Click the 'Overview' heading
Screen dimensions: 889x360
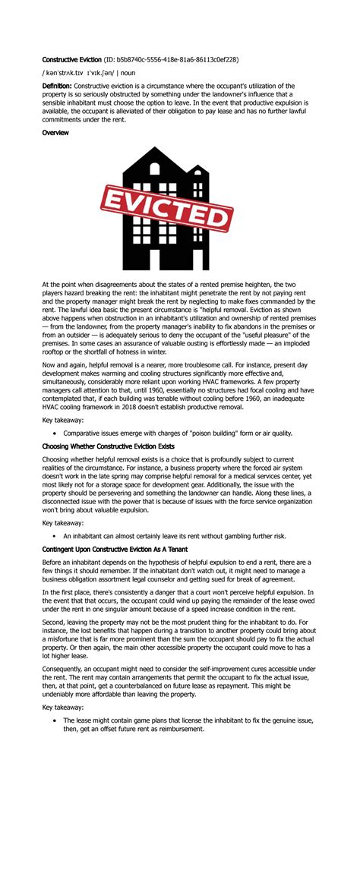(55, 133)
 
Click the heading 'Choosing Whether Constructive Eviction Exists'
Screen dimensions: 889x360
(108, 446)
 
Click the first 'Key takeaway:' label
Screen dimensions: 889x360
(63, 419)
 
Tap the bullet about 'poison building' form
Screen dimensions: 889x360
(178, 433)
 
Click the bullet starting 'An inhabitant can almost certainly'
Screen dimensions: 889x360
(175, 536)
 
